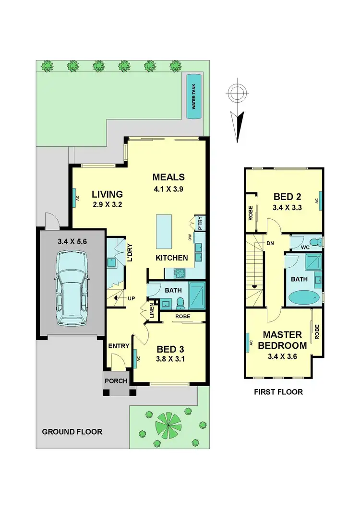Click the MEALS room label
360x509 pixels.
168,177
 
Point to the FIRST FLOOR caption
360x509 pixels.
278,392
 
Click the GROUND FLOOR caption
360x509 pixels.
72,431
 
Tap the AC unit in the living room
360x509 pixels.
75,198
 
